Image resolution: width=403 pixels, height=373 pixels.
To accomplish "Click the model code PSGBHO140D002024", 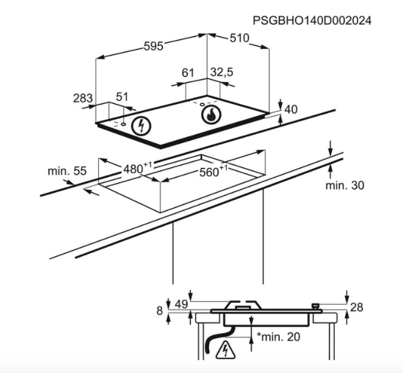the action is (x=312, y=21).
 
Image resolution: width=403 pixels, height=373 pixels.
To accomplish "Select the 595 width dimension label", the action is (x=154, y=46).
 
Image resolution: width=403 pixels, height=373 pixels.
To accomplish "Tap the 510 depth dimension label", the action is (x=239, y=38).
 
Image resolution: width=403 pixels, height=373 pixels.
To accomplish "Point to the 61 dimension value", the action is (x=188, y=73).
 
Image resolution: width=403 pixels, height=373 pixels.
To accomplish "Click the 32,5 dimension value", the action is (x=222, y=72).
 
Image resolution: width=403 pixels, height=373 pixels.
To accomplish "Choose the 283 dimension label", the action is (x=83, y=98).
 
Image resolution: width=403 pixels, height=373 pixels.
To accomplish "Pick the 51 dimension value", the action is (x=122, y=97).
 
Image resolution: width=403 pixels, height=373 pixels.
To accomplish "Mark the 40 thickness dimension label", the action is (x=291, y=110).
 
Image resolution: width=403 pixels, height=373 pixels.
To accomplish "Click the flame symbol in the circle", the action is (x=211, y=115).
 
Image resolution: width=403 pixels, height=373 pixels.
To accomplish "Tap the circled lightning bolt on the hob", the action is (x=141, y=126).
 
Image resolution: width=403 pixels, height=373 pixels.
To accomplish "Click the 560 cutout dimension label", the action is (x=214, y=171).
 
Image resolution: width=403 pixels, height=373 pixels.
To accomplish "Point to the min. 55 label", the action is (x=67, y=171).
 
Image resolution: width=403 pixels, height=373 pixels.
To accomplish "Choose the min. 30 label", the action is (x=345, y=185).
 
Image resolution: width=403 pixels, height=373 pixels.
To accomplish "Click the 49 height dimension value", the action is (x=181, y=305).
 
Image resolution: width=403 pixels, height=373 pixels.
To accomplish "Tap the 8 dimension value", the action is (x=160, y=311).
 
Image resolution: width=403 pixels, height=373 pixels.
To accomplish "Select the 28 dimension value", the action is (x=357, y=307).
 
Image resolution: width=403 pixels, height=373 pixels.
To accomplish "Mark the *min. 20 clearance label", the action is (x=278, y=337).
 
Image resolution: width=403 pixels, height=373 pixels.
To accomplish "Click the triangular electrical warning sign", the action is (x=225, y=350).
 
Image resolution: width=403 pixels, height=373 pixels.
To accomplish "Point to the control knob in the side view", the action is (x=316, y=307).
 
